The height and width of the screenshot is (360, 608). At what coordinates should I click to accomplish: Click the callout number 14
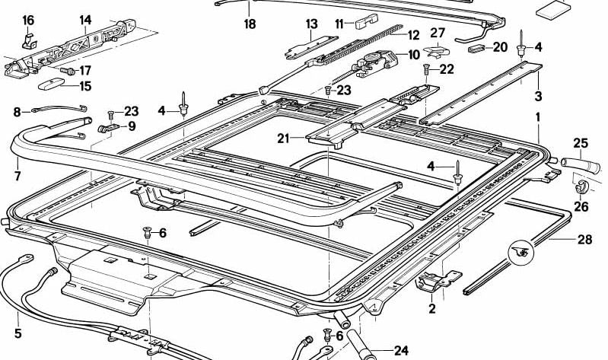[85, 20]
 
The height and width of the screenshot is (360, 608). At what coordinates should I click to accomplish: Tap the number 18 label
[250, 24]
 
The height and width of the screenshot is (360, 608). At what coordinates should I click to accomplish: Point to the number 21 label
[285, 138]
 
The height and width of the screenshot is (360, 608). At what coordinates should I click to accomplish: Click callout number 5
[18, 333]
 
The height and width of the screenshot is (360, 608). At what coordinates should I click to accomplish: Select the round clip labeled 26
[579, 187]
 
